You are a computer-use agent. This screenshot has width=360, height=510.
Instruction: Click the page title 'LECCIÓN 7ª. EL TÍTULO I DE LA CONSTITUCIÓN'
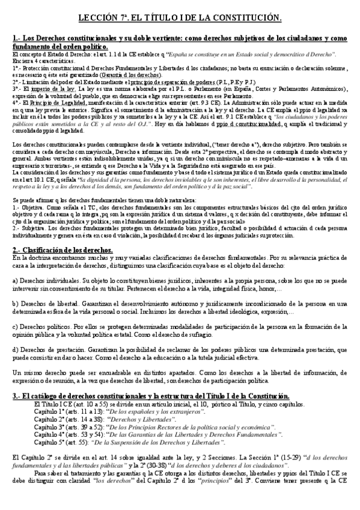[x=180, y=20]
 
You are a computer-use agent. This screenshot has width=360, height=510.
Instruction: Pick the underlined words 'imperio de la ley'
[x=51, y=89]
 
